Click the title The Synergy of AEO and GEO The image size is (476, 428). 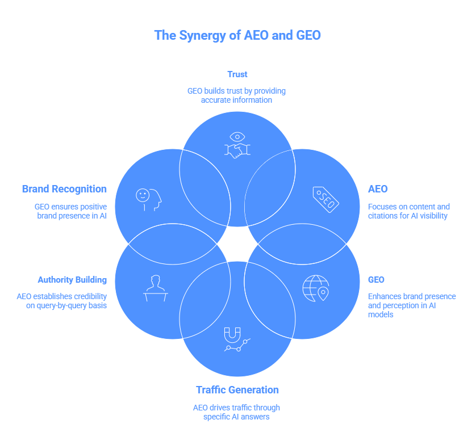tap(237, 35)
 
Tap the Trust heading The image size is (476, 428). tap(237, 74)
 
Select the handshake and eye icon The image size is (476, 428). tap(237, 145)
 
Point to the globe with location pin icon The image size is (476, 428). tap(316, 288)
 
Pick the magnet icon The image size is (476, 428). tap(236, 339)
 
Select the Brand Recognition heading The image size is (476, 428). tap(64, 189)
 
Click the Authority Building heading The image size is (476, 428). tap(72, 280)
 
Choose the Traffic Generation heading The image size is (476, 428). tap(237, 390)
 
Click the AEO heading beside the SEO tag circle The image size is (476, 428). tap(377, 189)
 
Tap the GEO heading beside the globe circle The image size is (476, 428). tap(376, 280)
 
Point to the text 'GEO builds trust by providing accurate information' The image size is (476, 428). tap(237, 95)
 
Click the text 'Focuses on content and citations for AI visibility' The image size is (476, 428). tap(408, 211)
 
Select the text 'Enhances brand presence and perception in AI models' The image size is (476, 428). tap(411, 305)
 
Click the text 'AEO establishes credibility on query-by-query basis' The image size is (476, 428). tap(62, 301)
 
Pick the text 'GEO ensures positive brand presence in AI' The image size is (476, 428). tap(71, 211)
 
